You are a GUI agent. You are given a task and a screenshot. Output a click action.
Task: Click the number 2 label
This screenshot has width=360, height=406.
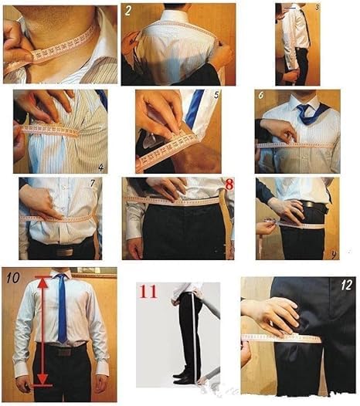coord(128,11)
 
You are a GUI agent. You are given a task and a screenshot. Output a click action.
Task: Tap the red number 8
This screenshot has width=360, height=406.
coord(228,184)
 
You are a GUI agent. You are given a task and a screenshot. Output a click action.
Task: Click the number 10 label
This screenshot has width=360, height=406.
coord(11,276)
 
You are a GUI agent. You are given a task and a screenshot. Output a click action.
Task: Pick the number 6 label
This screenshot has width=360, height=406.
coord(262,96)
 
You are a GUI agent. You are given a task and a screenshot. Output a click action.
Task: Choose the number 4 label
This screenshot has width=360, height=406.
coord(101,167)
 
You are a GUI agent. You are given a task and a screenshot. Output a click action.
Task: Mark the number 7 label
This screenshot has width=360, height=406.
coord(93,184)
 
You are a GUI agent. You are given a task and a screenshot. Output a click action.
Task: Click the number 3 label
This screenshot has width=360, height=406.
coord(338,7)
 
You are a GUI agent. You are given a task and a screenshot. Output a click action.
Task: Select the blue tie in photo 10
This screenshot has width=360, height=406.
coord(61,309)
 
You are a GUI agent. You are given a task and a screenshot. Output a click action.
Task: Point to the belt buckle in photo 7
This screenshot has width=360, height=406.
coord(63,250)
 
